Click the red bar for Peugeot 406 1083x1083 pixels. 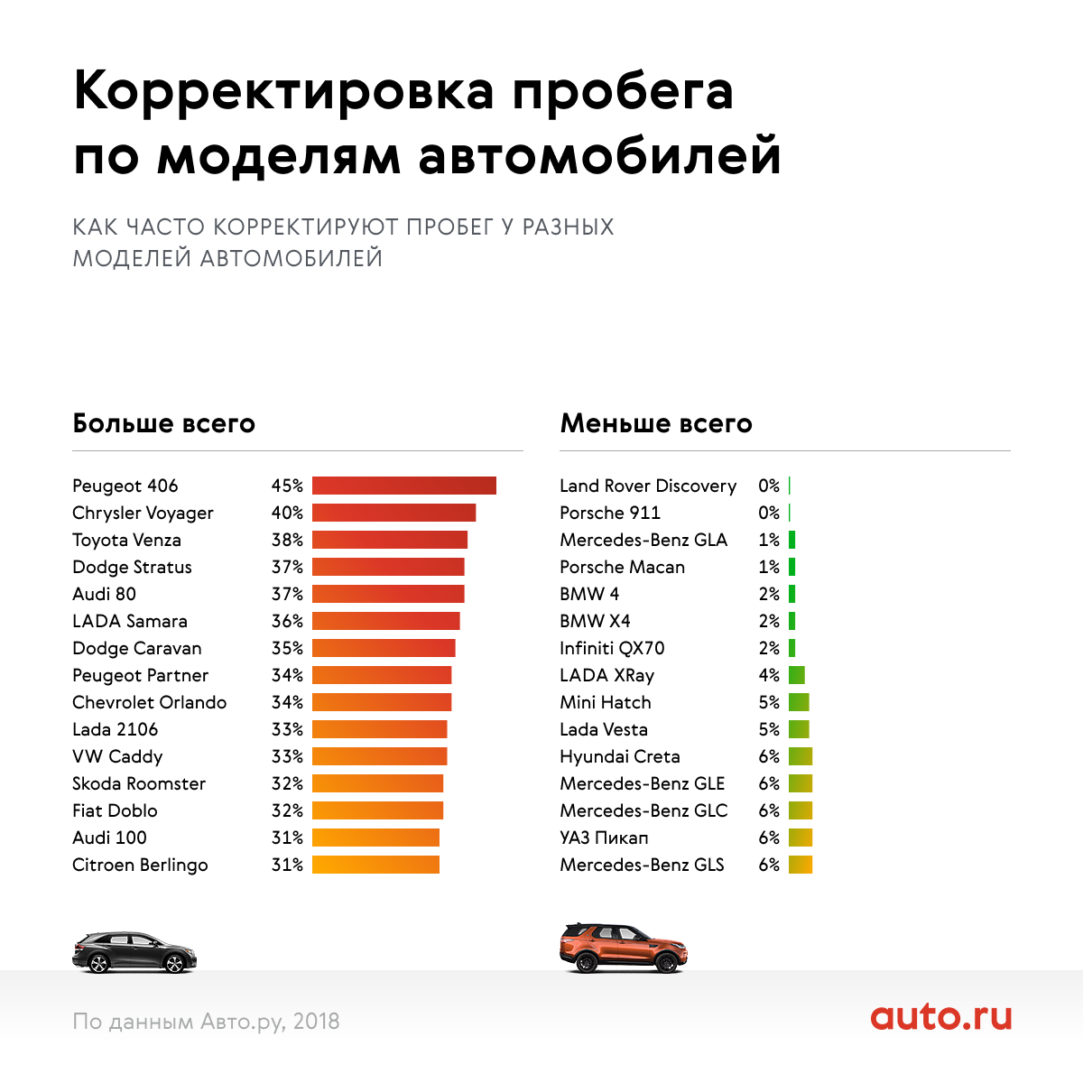click(x=403, y=486)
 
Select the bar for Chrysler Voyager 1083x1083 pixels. click(x=393, y=513)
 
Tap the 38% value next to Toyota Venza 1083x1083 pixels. click(x=287, y=540)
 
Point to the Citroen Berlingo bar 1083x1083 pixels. click(x=375, y=865)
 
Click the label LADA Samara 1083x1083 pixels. click(x=130, y=621)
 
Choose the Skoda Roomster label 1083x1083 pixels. click(x=139, y=783)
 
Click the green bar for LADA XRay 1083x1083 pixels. click(x=796, y=675)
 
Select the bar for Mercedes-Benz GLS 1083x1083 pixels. click(x=800, y=865)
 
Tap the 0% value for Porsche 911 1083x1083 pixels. click(x=769, y=513)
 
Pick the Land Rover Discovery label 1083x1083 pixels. click(x=648, y=486)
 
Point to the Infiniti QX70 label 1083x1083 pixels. click(x=612, y=648)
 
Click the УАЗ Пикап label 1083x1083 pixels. click(x=604, y=838)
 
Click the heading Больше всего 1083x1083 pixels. click(x=163, y=423)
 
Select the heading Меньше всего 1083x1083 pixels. click(x=656, y=423)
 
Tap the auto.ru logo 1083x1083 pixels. click(x=940, y=1017)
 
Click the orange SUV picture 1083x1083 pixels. click(x=623, y=948)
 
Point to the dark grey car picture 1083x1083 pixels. click(x=134, y=953)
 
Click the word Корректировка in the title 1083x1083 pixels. click(x=284, y=91)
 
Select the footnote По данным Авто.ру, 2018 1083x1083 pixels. click(x=206, y=1022)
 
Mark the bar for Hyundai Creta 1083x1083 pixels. click(x=800, y=756)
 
